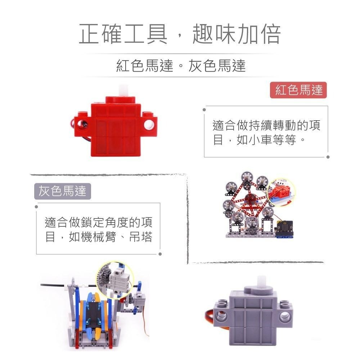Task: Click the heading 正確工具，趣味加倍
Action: click(180, 35)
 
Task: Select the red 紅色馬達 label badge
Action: click(298, 90)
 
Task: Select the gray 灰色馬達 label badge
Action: click(63, 191)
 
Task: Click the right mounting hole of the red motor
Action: click(148, 125)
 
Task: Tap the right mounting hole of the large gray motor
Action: click(285, 316)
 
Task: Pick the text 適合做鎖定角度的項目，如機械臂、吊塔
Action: click(98, 229)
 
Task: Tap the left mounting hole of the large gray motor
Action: click(221, 316)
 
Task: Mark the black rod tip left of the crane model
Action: click(42, 284)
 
